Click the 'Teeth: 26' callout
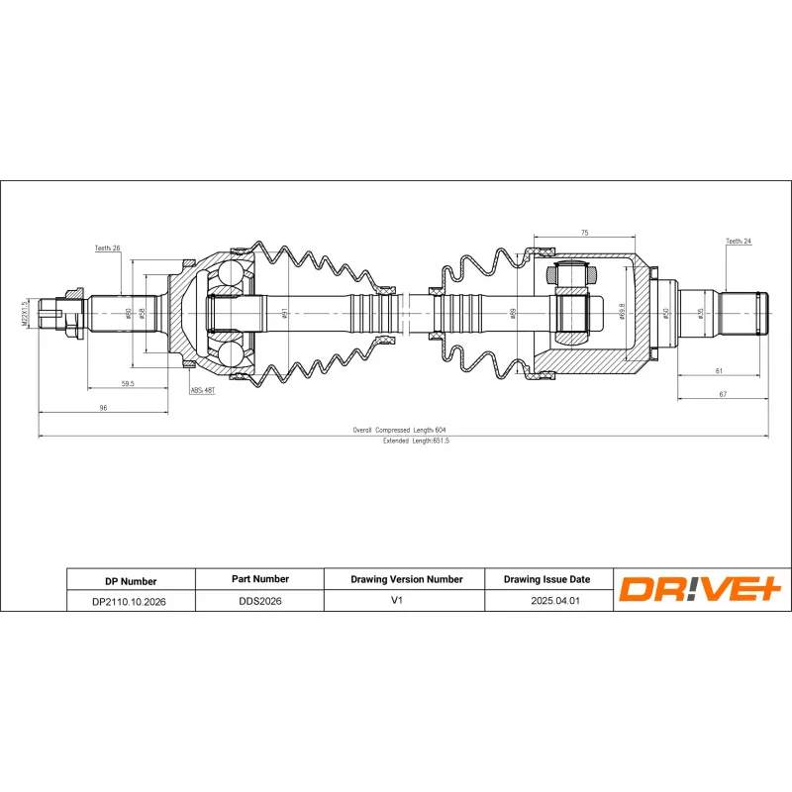point(107,248)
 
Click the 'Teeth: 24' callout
point(739,241)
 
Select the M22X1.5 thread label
point(26,312)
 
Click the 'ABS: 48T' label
point(202,391)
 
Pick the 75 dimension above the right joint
point(584,233)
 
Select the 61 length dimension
point(719,371)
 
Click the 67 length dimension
point(723,394)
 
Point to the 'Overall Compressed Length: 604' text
point(399,430)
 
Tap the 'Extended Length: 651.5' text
point(416,441)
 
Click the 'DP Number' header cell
point(131,581)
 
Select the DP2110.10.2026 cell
point(129,601)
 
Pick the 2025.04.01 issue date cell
point(546,600)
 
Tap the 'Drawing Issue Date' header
point(546,579)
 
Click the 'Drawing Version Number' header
point(406,579)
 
